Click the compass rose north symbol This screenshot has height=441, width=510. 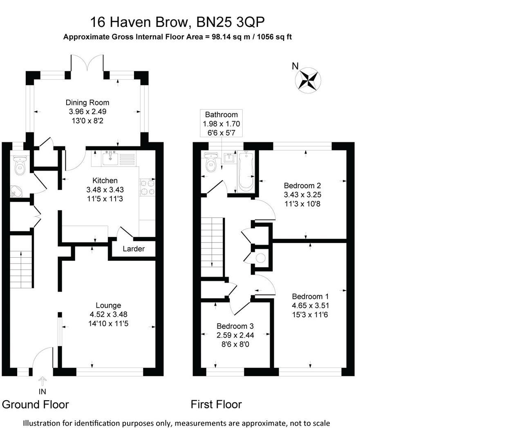(x=308, y=80)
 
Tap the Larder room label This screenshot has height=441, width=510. (x=134, y=249)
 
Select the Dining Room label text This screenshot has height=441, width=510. (x=87, y=102)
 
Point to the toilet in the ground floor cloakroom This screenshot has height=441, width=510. (x=19, y=166)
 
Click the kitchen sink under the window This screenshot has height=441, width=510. (x=110, y=158)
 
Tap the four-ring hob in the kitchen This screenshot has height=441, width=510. (x=148, y=187)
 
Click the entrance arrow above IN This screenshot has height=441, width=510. (x=42, y=381)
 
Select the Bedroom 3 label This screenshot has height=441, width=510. (x=235, y=326)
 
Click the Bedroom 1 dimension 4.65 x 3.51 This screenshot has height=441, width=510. (x=310, y=305)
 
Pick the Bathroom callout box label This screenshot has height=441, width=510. (x=221, y=115)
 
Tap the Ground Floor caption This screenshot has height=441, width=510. (x=36, y=405)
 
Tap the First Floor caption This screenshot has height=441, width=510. (x=216, y=405)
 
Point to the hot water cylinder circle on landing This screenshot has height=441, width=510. (x=260, y=258)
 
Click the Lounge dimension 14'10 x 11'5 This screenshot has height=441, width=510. (x=108, y=323)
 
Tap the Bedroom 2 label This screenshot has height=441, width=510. (x=302, y=186)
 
